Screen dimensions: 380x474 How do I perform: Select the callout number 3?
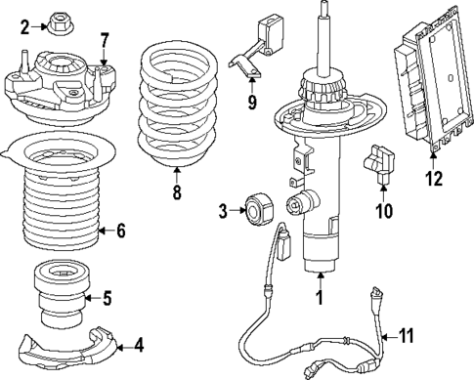coord(223,209)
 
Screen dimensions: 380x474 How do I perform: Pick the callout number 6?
coord(120,232)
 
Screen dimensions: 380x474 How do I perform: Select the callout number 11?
coord(407,336)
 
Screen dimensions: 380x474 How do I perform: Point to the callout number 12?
coord(433,178)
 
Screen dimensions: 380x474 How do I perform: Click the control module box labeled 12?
coord(427,88)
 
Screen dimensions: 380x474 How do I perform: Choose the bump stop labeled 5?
coord(61,293)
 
